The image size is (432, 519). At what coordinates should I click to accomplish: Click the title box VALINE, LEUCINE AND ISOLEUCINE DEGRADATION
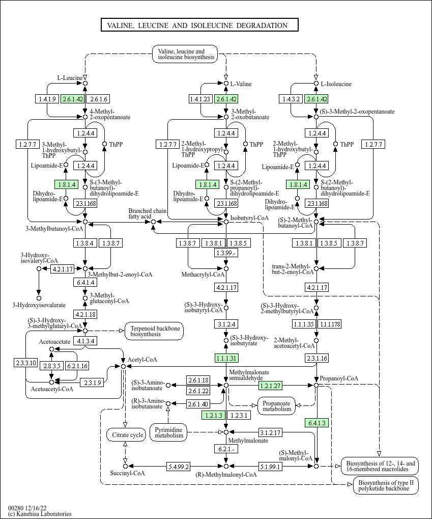click(199, 25)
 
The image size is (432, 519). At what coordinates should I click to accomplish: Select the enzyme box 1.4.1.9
click(48, 99)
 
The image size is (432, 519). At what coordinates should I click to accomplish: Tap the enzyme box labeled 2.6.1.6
click(98, 99)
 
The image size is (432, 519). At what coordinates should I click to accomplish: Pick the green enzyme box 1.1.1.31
click(226, 358)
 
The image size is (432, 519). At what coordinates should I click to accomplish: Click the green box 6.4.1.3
click(316, 422)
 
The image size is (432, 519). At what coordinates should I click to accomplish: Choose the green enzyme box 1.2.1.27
click(270, 386)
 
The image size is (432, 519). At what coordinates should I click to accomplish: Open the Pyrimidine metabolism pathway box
click(168, 432)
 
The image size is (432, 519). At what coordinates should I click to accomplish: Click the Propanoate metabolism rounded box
click(277, 405)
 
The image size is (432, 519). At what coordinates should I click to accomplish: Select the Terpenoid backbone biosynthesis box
click(155, 331)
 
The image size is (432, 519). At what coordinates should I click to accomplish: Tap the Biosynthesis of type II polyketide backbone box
click(386, 485)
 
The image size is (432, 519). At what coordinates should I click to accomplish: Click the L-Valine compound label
click(241, 84)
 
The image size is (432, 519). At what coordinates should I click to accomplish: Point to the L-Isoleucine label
click(334, 84)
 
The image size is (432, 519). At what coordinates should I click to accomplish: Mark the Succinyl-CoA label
click(128, 473)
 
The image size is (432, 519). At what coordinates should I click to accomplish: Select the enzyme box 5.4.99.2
click(178, 466)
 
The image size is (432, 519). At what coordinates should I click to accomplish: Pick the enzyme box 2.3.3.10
click(26, 363)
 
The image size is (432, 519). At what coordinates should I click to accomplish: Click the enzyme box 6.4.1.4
click(85, 282)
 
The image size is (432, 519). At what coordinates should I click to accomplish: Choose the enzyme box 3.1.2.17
click(270, 433)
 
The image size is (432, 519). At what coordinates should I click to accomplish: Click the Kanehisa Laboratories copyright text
click(40, 514)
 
